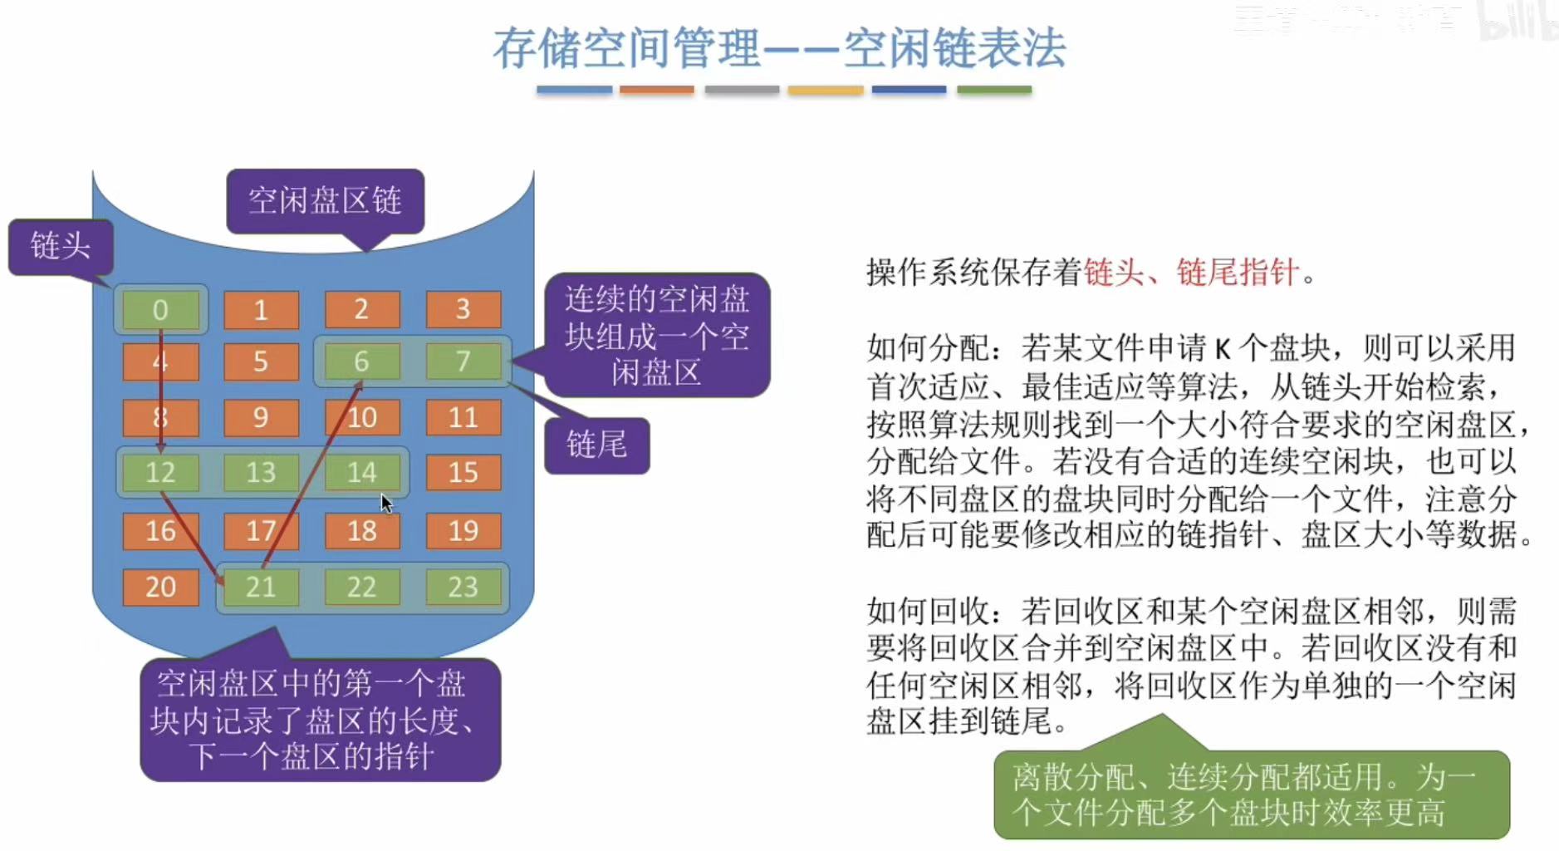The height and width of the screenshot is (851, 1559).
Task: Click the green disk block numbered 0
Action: (x=160, y=309)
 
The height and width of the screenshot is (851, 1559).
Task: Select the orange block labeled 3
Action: (x=463, y=309)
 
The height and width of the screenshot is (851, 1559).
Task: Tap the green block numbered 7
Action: (x=463, y=362)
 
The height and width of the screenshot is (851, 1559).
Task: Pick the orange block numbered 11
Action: (x=463, y=417)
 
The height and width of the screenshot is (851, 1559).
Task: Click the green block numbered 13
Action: (x=261, y=472)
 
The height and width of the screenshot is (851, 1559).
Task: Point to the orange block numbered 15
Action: (x=463, y=472)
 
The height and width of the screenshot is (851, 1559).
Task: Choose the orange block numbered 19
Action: (x=463, y=530)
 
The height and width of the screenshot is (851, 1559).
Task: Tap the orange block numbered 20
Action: (x=160, y=587)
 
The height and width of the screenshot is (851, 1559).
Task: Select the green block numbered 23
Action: (x=463, y=587)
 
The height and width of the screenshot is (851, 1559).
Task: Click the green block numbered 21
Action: (x=261, y=587)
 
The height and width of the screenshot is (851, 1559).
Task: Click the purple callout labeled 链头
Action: (x=60, y=246)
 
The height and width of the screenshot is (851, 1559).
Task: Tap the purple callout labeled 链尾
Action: (x=596, y=445)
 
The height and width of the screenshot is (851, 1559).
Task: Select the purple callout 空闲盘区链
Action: (x=325, y=200)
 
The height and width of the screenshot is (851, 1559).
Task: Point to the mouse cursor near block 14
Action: (x=386, y=503)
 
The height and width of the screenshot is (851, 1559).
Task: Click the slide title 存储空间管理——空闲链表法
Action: (x=779, y=47)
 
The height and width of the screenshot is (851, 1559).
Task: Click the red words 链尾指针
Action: (x=1238, y=272)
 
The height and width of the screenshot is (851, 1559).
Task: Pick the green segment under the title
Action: (x=993, y=90)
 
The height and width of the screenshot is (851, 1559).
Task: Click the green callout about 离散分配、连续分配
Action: (x=1251, y=794)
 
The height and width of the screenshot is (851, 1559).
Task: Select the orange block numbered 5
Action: (x=261, y=362)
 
